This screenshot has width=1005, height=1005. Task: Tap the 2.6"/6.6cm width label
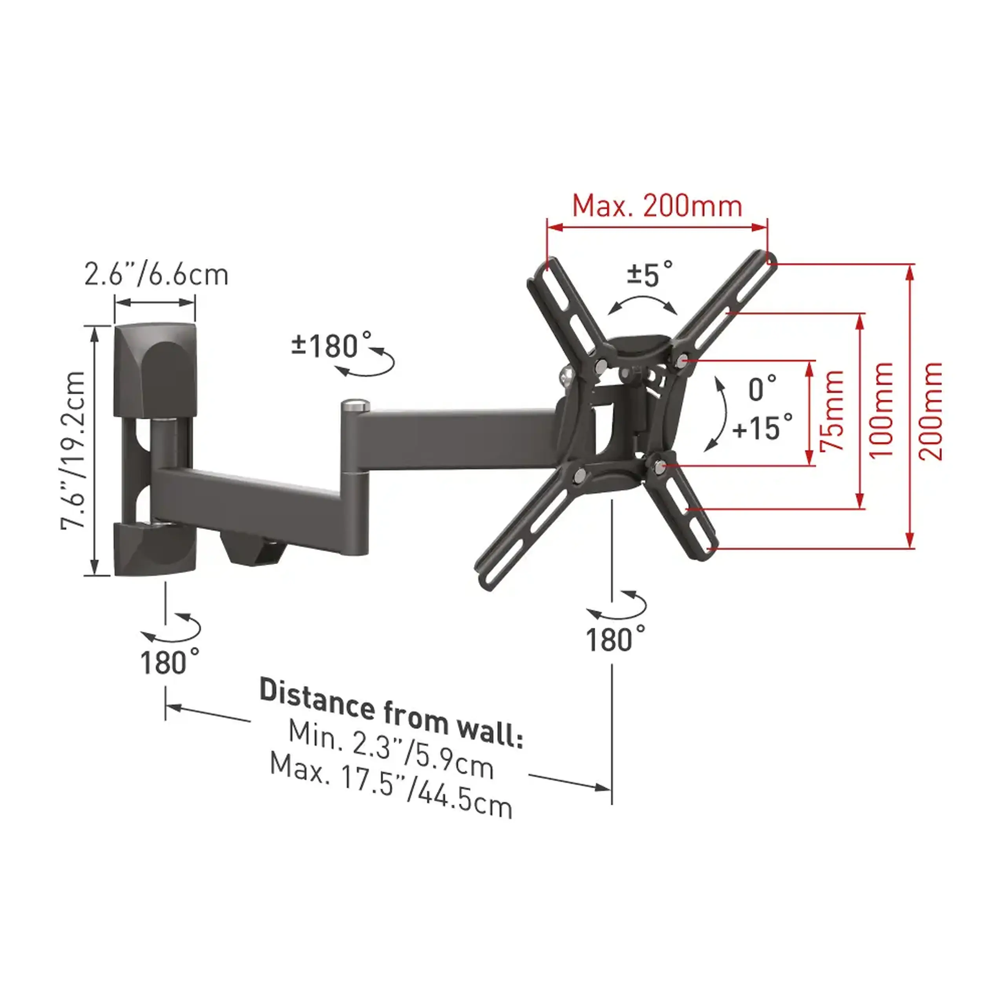click(x=156, y=275)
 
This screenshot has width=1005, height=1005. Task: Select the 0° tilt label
click(x=763, y=389)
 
